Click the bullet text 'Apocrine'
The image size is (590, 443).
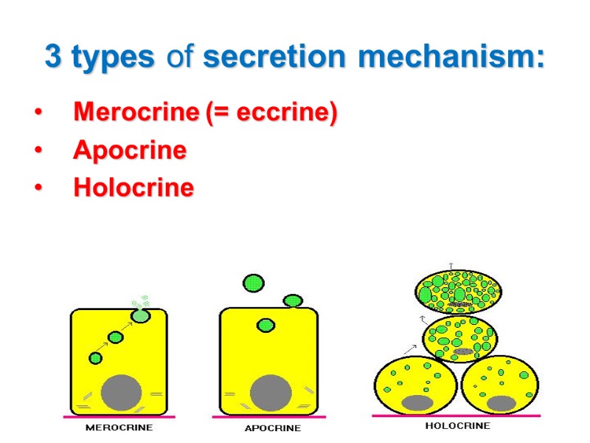pyautogui.click(x=130, y=151)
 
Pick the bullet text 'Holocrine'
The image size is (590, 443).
pyautogui.click(x=133, y=188)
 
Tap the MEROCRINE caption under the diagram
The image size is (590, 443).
pyautogui.click(x=119, y=427)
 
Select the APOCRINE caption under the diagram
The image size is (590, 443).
pyautogui.click(x=273, y=428)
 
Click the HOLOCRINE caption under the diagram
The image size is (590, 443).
pyautogui.click(x=457, y=426)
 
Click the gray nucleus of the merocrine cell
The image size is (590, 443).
pyautogui.click(x=122, y=392)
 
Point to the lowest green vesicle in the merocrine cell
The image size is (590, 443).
pyautogui.click(x=95, y=358)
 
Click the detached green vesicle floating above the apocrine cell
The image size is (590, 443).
pyautogui.click(x=254, y=283)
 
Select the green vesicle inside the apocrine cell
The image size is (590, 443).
pyautogui.click(x=265, y=325)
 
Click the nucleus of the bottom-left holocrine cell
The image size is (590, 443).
pyautogui.click(x=417, y=402)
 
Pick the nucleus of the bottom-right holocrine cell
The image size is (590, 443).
pyautogui.click(x=502, y=402)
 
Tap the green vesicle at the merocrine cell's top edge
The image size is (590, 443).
pyautogui.click(x=140, y=316)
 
